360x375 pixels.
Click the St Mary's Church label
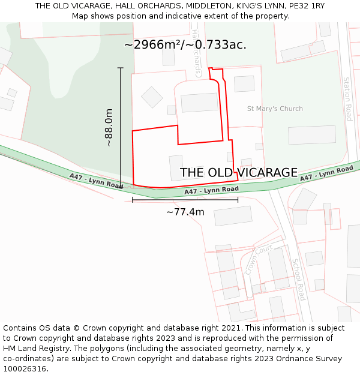click(275, 109)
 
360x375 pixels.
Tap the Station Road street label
click(347, 99)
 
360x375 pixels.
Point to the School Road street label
click(299, 279)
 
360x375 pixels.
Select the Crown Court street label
click(259, 259)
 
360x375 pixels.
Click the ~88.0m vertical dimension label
click(109, 128)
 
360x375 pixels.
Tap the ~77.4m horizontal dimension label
click(185, 212)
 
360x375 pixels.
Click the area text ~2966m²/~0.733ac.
click(185, 44)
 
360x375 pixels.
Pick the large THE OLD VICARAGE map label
click(239, 173)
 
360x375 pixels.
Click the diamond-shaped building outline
click(152, 97)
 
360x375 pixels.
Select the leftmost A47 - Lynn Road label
click(96, 181)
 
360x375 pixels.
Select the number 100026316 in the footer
click(25, 369)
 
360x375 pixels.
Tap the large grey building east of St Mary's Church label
click(311, 135)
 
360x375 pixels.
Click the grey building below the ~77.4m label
click(233, 216)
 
